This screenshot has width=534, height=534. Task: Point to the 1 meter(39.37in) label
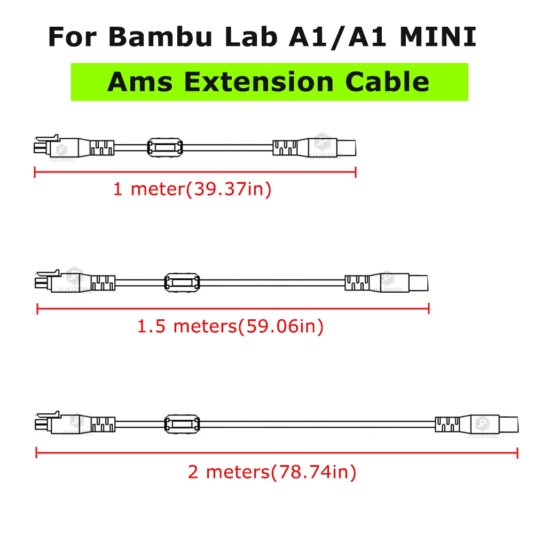click(x=192, y=189)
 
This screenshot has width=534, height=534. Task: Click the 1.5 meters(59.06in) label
click(x=231, y=326)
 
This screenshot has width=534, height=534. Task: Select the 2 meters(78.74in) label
click(x=272, y=472)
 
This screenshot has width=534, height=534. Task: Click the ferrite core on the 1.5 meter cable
click(x=183, y=282)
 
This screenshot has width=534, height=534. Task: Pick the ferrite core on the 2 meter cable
click(x=183, y=424)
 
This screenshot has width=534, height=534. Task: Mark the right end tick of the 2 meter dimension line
click(x=517, y=453)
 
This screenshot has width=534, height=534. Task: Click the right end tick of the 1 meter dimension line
click(x=356, y=171)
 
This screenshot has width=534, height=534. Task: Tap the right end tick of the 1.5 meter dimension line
click(x=429, y=308)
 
